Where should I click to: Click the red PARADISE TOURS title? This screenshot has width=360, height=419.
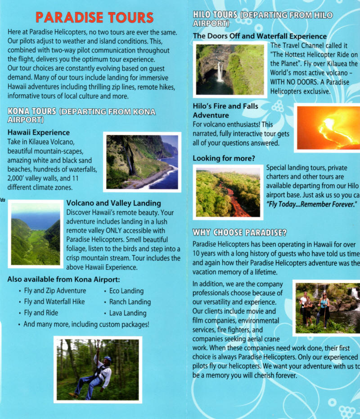pos(94,18)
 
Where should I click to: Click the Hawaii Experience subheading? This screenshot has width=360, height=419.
pos(39,132)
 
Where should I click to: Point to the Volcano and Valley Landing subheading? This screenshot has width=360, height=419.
pos(113,203)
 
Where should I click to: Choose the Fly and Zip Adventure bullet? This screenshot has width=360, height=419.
pos(55,291)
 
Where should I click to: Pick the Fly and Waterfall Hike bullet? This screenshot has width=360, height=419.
pos(54,302)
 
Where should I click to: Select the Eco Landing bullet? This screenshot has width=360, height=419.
pos(126,291)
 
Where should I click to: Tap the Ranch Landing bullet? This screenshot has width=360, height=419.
pos(130,302)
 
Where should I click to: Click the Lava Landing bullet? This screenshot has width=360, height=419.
pos(128,313)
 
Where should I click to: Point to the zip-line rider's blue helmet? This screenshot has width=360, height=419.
pos(108,359)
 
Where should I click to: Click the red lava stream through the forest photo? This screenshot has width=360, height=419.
pos(234,198)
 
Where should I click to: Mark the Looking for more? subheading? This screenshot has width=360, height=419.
pos(224,158)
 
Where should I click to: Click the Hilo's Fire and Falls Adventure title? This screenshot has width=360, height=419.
pos(225,111)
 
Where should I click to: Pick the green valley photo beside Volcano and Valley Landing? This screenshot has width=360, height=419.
pos(36,234)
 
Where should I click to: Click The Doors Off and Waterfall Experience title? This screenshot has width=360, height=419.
pos(260,36)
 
